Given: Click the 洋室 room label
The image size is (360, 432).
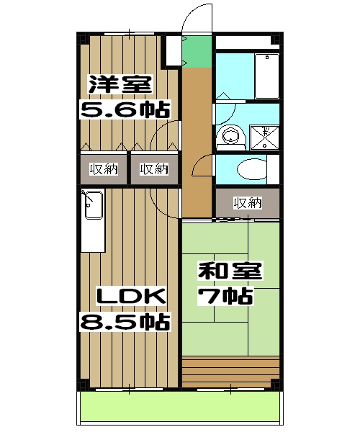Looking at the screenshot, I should [x=120, y=84].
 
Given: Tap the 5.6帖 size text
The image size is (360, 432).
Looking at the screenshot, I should [x=124, y=109].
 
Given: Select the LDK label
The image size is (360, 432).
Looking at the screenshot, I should [x=132, y=296].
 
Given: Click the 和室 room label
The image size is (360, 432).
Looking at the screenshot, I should [x=230, y=271].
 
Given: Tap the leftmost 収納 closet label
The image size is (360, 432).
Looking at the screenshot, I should [x=103, y=169].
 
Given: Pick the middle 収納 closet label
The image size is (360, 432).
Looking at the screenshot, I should [x=153, y=169].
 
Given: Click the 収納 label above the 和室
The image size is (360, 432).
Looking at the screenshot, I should [x=247, y=202].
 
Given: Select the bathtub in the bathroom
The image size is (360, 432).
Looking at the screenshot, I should [x=266, y=76].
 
